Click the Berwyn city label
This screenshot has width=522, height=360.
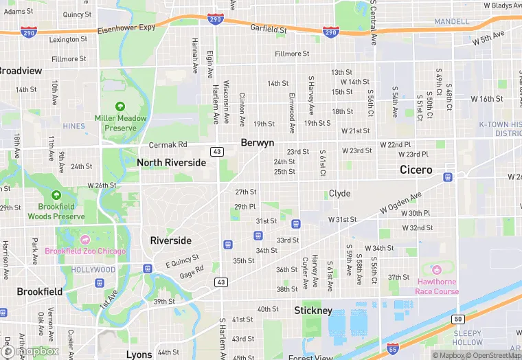tap(258, 142)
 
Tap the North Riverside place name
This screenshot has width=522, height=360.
tap(171, 163)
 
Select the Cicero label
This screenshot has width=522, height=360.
tap(416, 170)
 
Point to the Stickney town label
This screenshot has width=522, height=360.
tap(313, 311)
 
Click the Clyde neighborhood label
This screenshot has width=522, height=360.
tap(339, 194)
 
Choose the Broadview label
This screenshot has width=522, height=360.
tap(20, 71)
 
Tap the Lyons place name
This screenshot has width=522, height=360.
tap(139, 355)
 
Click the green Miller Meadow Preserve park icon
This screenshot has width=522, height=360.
tap(121, 106)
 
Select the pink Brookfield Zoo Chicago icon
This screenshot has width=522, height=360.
tap(85, 240)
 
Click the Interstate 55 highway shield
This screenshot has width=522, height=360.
tap(392, 350)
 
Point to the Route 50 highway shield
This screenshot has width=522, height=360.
tap(458, 319)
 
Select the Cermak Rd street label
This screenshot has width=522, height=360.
tap(168, 145)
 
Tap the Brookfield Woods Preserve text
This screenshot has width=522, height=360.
tap(56, 212)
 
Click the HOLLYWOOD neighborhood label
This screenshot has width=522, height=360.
tap(93, 270)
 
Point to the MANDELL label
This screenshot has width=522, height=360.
tap(452, 22)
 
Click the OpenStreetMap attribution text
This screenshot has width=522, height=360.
tap(492, 355)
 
